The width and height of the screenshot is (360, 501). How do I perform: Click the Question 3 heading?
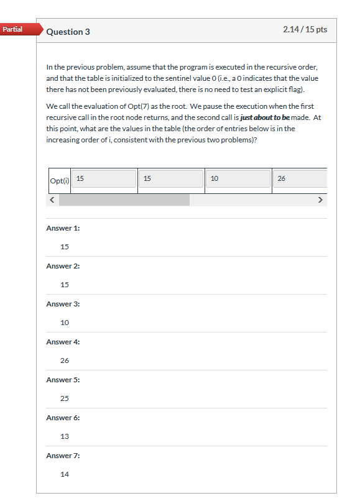pyautogui.click(x=68, y=32)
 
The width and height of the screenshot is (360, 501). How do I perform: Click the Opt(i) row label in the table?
pyautogui.click(x=59, y=181)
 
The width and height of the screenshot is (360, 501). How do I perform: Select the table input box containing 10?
pyautogui.click(x=238, y=179)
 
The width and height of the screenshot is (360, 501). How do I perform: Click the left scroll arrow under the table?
pyautogui.click(x=53, y=200)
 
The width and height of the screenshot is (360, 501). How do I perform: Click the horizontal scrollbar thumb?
pyautogui.click(x=124, y=200)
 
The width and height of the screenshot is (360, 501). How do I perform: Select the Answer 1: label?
pyautogui.click(x=63, y=228)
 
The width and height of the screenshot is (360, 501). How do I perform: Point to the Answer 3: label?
pyautogui.click(x=63, y=304)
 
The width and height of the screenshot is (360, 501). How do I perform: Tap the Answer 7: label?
pyautogui.click(x=63, y=456)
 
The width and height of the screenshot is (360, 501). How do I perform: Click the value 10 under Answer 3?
pyautogui.click(x=65, y=323)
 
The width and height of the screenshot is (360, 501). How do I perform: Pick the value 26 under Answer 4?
pyautogui.click(x=65, y=361)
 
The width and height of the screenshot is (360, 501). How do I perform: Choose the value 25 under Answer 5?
pyautogui.click(x=65, y=398)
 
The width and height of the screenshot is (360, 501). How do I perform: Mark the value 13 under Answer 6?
pyautogui.click(x=65, y=436)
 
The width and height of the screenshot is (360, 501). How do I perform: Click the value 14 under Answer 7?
pyautogui.click(x=65, y=474)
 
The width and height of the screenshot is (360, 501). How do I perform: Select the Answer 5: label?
pyautogui.click(x=63, y=380)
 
